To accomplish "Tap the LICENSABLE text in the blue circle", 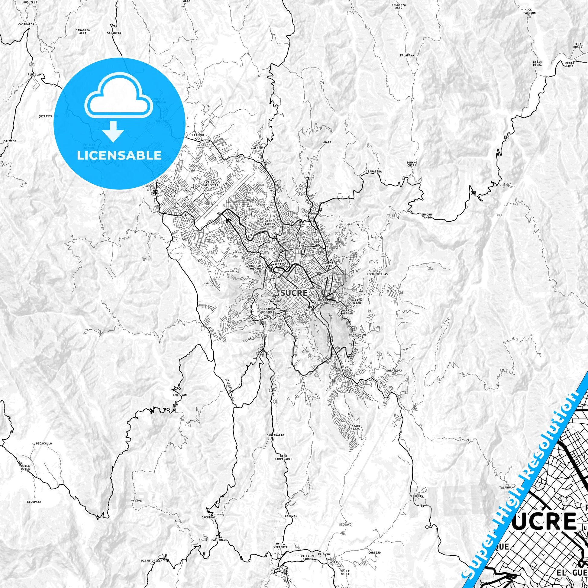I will click(x=119, y=156).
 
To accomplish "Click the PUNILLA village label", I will click(x=34, y=74).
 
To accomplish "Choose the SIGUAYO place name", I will click(x=345, y=516).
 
